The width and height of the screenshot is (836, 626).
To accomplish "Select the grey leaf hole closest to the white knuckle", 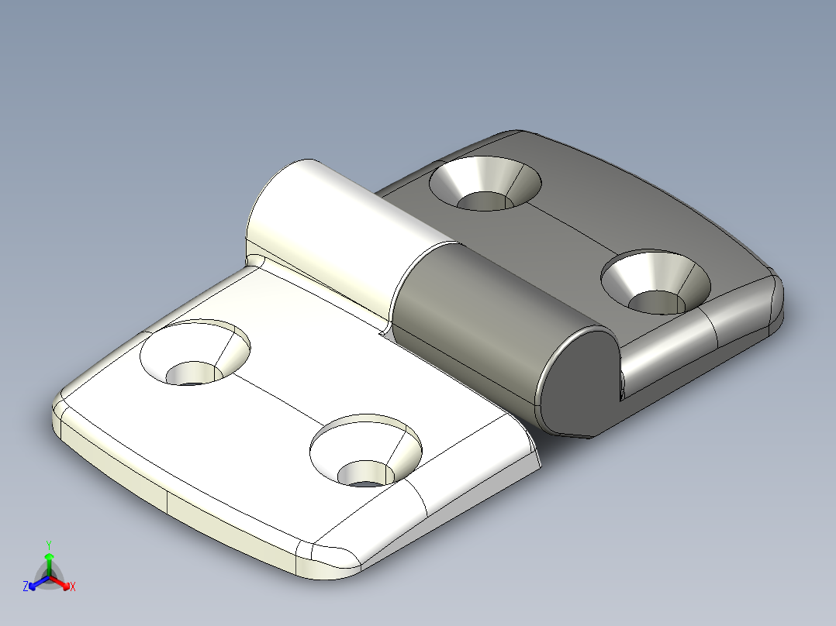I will (x=485, y=184).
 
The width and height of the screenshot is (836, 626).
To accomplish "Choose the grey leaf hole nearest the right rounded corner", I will (x=656, y=281).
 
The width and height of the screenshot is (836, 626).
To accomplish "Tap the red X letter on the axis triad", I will (x=73, y=587).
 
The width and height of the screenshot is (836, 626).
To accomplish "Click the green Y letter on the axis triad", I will (x=49, y=545).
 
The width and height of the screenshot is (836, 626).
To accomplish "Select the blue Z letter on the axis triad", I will (x=26, y=587).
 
